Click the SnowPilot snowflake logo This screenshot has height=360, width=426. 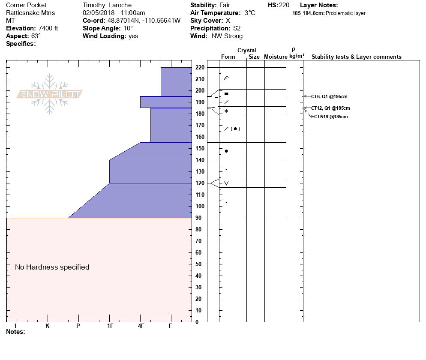[x=50, y=94]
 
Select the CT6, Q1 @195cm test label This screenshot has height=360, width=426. [x=329, y=97]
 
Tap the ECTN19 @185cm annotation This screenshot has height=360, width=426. [x=329, y=117]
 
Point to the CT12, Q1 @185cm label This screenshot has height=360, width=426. [x=330, y=108]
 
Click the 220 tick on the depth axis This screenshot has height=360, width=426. [x=199, y=68]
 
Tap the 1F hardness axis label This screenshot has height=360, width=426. [x=110, y=326]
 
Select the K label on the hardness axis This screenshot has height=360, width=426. [x=48, y=326]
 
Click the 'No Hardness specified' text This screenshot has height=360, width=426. [x=52, y=267]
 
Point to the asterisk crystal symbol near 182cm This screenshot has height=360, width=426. [x=226, y=111]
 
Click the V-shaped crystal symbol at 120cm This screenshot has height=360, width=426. [x=226, y=183]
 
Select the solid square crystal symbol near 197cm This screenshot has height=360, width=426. [x=226, y=93]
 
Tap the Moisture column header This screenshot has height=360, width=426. [x=276, y=57]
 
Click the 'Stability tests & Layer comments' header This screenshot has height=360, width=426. [x=356, y=57]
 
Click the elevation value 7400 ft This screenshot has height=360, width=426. [x=48, y=28]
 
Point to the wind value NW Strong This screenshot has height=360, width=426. [x=227, y=36]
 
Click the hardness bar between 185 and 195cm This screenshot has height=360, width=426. [x=166, y=102]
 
